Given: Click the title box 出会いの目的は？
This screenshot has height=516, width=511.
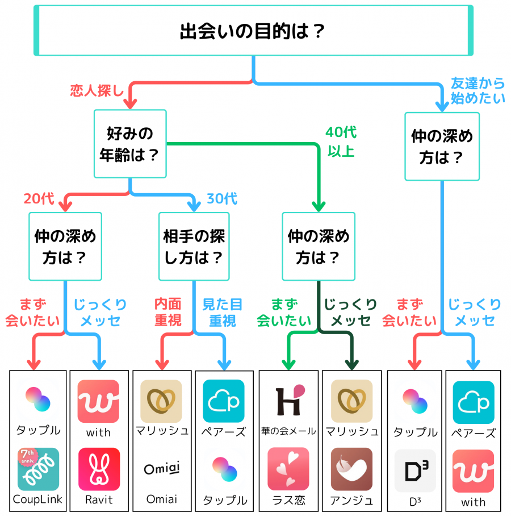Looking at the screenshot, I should tap(253, 30).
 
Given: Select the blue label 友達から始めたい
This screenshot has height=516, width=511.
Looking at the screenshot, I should tap(478, 90).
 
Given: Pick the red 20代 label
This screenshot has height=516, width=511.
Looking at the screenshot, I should tap(39, 199).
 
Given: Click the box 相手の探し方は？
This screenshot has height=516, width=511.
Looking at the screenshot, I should tap(194, 247).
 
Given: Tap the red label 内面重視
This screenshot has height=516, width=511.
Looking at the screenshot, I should tap(168, 313).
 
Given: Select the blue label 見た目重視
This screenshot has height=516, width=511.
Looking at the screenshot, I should tap(222, 313).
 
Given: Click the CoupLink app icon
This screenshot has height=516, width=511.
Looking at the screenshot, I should tap(38, 469).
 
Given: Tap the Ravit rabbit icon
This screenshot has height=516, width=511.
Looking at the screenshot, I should tap(99, 469).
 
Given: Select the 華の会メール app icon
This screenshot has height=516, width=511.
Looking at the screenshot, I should tap(288, 401).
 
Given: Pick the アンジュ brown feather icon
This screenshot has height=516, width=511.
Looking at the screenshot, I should tap(351, 469).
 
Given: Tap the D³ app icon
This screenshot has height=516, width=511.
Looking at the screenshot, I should tap(415, 471).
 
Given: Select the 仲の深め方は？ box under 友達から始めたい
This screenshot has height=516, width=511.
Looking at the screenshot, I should tap(442, 147).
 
